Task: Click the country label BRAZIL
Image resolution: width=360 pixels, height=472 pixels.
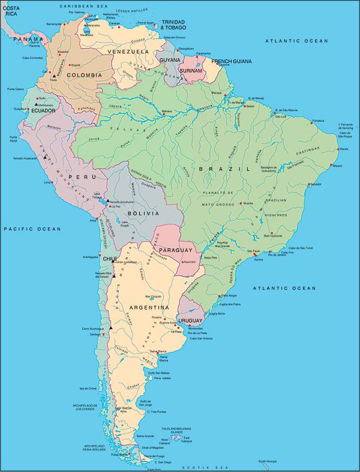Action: [225, 169]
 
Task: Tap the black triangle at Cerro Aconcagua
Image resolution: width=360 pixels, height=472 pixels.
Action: [110, 329]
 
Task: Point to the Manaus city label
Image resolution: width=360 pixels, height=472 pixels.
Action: [167, 111]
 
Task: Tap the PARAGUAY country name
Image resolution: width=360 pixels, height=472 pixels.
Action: [176, 249]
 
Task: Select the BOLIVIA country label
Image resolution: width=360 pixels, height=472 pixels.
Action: [143, 213]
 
